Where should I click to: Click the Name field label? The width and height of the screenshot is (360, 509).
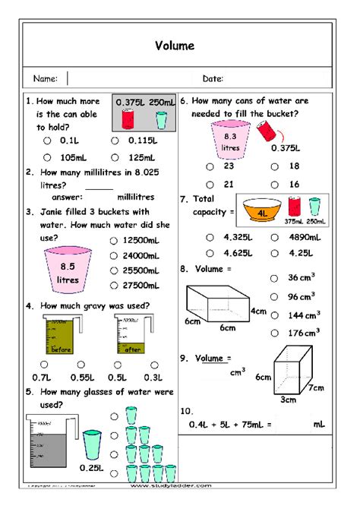click(x=46, y=78)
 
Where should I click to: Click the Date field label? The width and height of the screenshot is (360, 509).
click(x=213, y=78)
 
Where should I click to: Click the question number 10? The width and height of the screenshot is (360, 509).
click(x=187, y=410)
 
